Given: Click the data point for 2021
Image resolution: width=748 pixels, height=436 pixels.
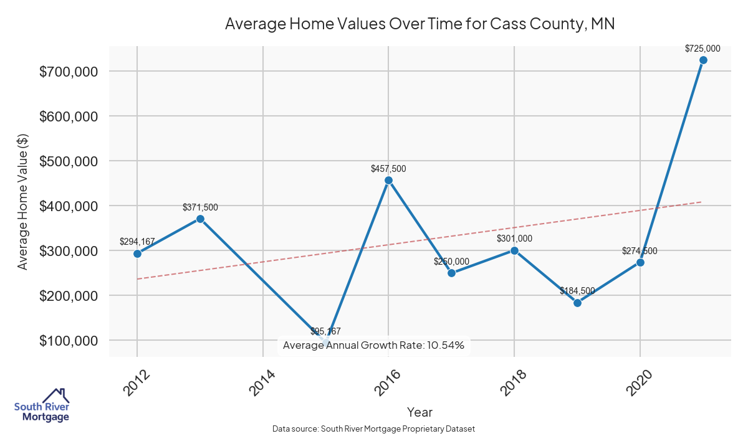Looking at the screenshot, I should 703,60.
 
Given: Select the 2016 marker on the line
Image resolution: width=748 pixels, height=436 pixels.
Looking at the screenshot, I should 388,181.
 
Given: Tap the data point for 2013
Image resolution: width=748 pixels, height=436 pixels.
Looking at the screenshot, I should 200,219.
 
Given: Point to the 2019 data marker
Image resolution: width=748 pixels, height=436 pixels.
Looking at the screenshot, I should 577,303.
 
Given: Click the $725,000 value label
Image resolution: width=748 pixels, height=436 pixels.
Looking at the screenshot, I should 702,48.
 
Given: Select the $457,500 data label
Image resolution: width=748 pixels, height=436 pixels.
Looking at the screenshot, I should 388,169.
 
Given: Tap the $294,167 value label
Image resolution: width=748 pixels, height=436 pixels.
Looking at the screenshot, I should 137,241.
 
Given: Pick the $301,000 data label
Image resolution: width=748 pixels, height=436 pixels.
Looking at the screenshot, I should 514,239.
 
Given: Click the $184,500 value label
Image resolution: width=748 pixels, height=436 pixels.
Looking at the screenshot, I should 577,291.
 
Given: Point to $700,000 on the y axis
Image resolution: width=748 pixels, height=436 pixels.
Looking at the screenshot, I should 68,72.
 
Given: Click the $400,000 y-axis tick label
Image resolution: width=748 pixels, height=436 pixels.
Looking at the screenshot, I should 68,206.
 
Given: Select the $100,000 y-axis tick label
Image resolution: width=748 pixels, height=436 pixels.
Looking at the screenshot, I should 68,341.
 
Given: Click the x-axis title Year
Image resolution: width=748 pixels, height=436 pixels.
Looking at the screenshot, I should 420,412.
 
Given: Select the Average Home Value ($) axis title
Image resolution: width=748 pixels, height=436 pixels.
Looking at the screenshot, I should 22,202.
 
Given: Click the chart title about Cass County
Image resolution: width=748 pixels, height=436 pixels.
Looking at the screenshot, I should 420,24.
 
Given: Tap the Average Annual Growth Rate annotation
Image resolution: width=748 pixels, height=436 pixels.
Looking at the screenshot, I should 373,345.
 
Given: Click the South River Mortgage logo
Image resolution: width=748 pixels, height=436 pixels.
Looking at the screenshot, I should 42,405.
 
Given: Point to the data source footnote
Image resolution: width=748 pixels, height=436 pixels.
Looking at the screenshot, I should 373,429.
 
